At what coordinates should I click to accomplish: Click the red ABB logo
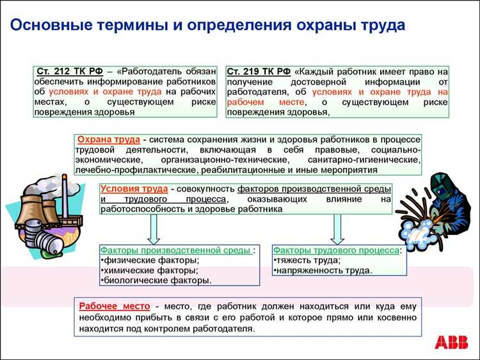point(451,342)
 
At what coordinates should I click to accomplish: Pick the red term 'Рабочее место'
point(115,306)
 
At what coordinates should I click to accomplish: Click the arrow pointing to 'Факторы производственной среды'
point(154,229)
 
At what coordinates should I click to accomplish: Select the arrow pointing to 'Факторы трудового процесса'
point(337,229)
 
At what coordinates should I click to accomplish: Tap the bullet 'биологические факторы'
point(156,281)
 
